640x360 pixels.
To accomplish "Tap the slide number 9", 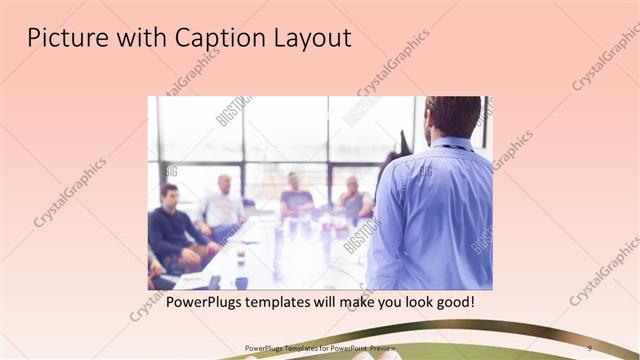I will pos(590,347).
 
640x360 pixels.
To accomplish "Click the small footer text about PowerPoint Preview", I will pos(320,347).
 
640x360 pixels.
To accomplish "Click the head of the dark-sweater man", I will pos(170,193).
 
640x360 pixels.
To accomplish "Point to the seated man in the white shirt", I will pos(221,207).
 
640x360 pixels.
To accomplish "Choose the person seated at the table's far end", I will pos(296,195).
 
